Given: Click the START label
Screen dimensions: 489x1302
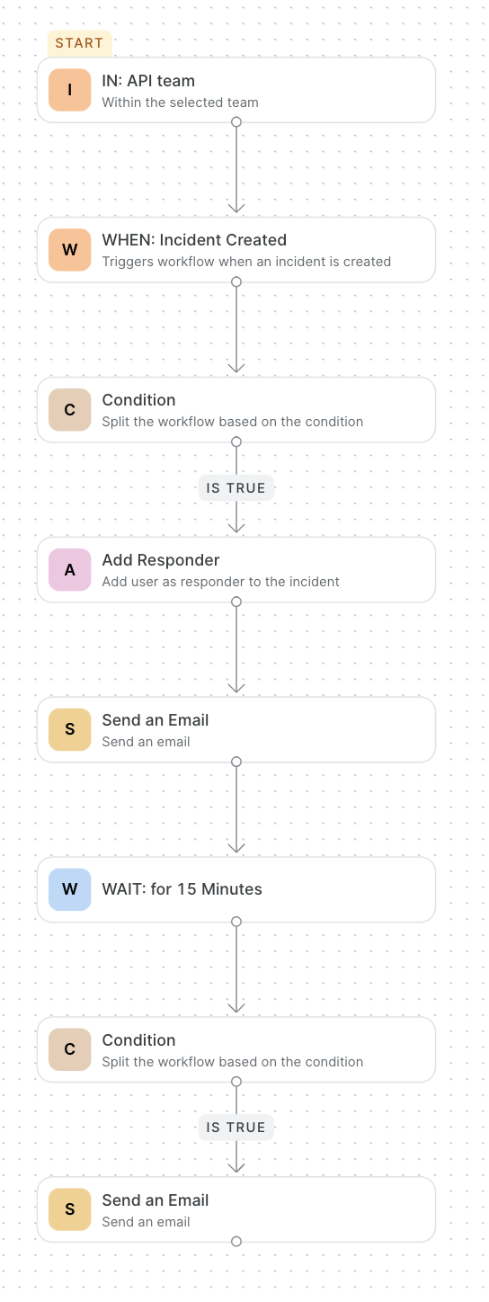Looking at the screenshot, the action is coord(80,43).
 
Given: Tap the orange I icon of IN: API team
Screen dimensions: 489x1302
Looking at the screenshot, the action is coord(70,90).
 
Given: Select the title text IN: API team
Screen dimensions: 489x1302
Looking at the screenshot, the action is coord(148,81).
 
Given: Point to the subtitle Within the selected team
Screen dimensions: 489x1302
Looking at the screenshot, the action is coord(180,103).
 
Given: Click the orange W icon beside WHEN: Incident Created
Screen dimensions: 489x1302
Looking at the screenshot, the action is coord(70,250).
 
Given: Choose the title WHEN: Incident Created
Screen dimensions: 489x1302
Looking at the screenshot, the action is coord(194,240).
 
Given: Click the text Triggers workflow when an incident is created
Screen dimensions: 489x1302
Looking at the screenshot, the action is coord(246,262).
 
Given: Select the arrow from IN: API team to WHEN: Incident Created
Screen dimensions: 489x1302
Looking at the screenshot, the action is coord(236,168).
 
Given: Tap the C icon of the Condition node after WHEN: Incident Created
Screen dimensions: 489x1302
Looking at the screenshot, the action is coord(70,410).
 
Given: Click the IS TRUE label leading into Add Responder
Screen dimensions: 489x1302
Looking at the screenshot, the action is coord(236,488).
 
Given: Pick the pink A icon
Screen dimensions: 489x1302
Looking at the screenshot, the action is coord(70,570).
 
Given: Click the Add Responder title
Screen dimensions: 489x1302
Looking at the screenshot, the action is coord(161,560).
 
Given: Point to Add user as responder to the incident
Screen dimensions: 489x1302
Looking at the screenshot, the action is coord(221,582).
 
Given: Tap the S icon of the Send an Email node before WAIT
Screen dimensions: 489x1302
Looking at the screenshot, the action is coord(70,729).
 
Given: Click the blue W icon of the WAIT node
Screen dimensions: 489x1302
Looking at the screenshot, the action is coord(70,889).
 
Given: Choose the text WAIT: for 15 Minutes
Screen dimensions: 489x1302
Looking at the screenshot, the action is coord(182,889).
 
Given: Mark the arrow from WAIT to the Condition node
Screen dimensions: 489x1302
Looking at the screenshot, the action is coord(236,968).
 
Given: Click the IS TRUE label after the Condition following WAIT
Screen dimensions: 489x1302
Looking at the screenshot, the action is coord(236,1128).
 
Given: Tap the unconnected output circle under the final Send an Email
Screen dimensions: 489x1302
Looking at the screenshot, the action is coord(236,1242).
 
